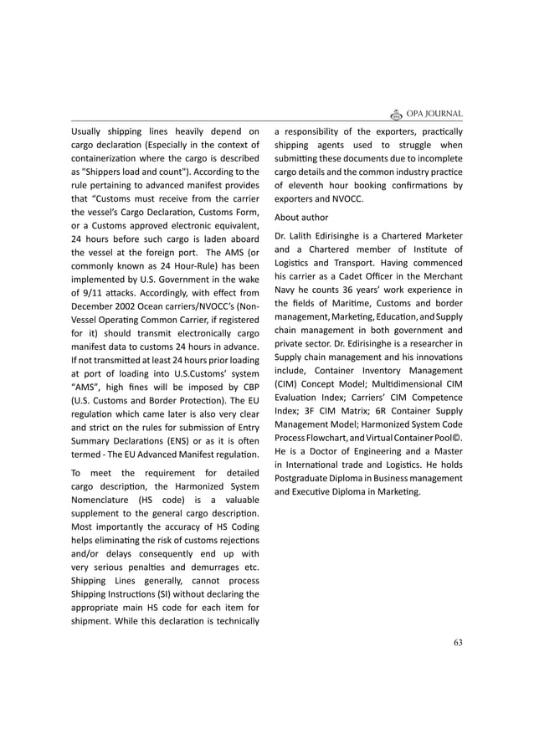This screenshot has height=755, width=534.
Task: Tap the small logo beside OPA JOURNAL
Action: coord(398,114)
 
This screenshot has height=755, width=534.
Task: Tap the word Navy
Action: coord(286,290)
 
